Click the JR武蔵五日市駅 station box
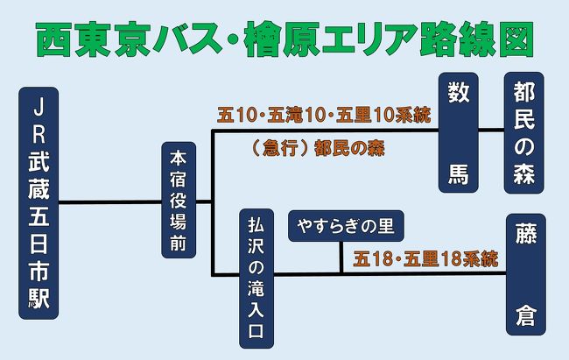coord(39,203)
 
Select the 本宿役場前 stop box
coord(179,201)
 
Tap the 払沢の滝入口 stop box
coord(256,279)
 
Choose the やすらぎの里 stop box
coord(346,226)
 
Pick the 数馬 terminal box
coord(459,132)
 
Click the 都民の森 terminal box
coord(524,132)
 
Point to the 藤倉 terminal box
coord(526,274)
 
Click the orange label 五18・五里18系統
coord(425,259)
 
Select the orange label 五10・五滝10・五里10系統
coord(324,115)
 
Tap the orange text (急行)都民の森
coord(318,148)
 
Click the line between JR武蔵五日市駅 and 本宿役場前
coord(110,201)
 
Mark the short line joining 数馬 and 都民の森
coord(491,129)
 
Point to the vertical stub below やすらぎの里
coord(341,257)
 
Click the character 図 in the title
coord(516,39)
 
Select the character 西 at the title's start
coord(53,39)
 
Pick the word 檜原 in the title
coord(283,39)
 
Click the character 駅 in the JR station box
coord(39,299)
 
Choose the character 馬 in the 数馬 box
coord(459,173)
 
